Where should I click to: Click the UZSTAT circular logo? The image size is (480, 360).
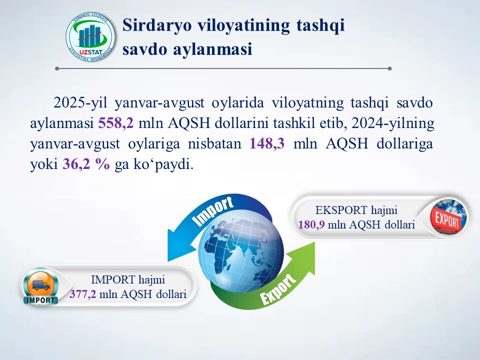(90, 37)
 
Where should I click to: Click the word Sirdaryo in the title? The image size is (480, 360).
(156, 25)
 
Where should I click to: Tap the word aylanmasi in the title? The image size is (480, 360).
(213, 49)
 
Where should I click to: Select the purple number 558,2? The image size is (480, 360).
(116, 123)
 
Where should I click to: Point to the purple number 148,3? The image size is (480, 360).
(267, 143)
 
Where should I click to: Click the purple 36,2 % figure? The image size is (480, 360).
(86, 164)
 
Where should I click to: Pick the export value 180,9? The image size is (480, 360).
(311, 225)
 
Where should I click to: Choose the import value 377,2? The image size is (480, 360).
(82, 294)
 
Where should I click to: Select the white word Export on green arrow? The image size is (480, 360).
(278, 289)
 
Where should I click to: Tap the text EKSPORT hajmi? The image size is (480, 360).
(356, 210)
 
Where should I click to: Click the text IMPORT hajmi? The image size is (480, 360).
(128, 280)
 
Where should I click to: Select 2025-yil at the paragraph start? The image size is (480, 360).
(80, 103)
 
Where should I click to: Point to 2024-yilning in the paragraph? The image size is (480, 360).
(393, 123)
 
